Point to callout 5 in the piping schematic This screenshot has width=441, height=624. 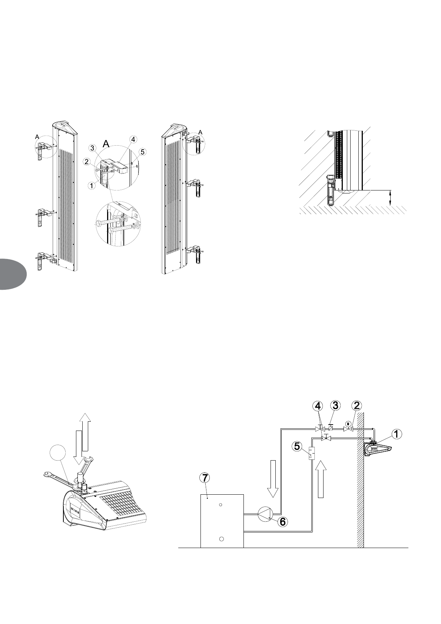297,446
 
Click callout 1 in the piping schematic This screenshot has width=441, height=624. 397,434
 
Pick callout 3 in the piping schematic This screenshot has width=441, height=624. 335,405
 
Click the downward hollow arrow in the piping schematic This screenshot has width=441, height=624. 273,478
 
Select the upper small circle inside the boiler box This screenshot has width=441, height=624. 220,505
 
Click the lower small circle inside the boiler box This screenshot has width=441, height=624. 220,538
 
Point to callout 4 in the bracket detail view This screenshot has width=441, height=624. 133,139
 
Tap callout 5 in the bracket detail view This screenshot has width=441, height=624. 143,152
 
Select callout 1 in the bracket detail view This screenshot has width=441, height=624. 91,186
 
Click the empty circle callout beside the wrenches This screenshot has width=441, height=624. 58,454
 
